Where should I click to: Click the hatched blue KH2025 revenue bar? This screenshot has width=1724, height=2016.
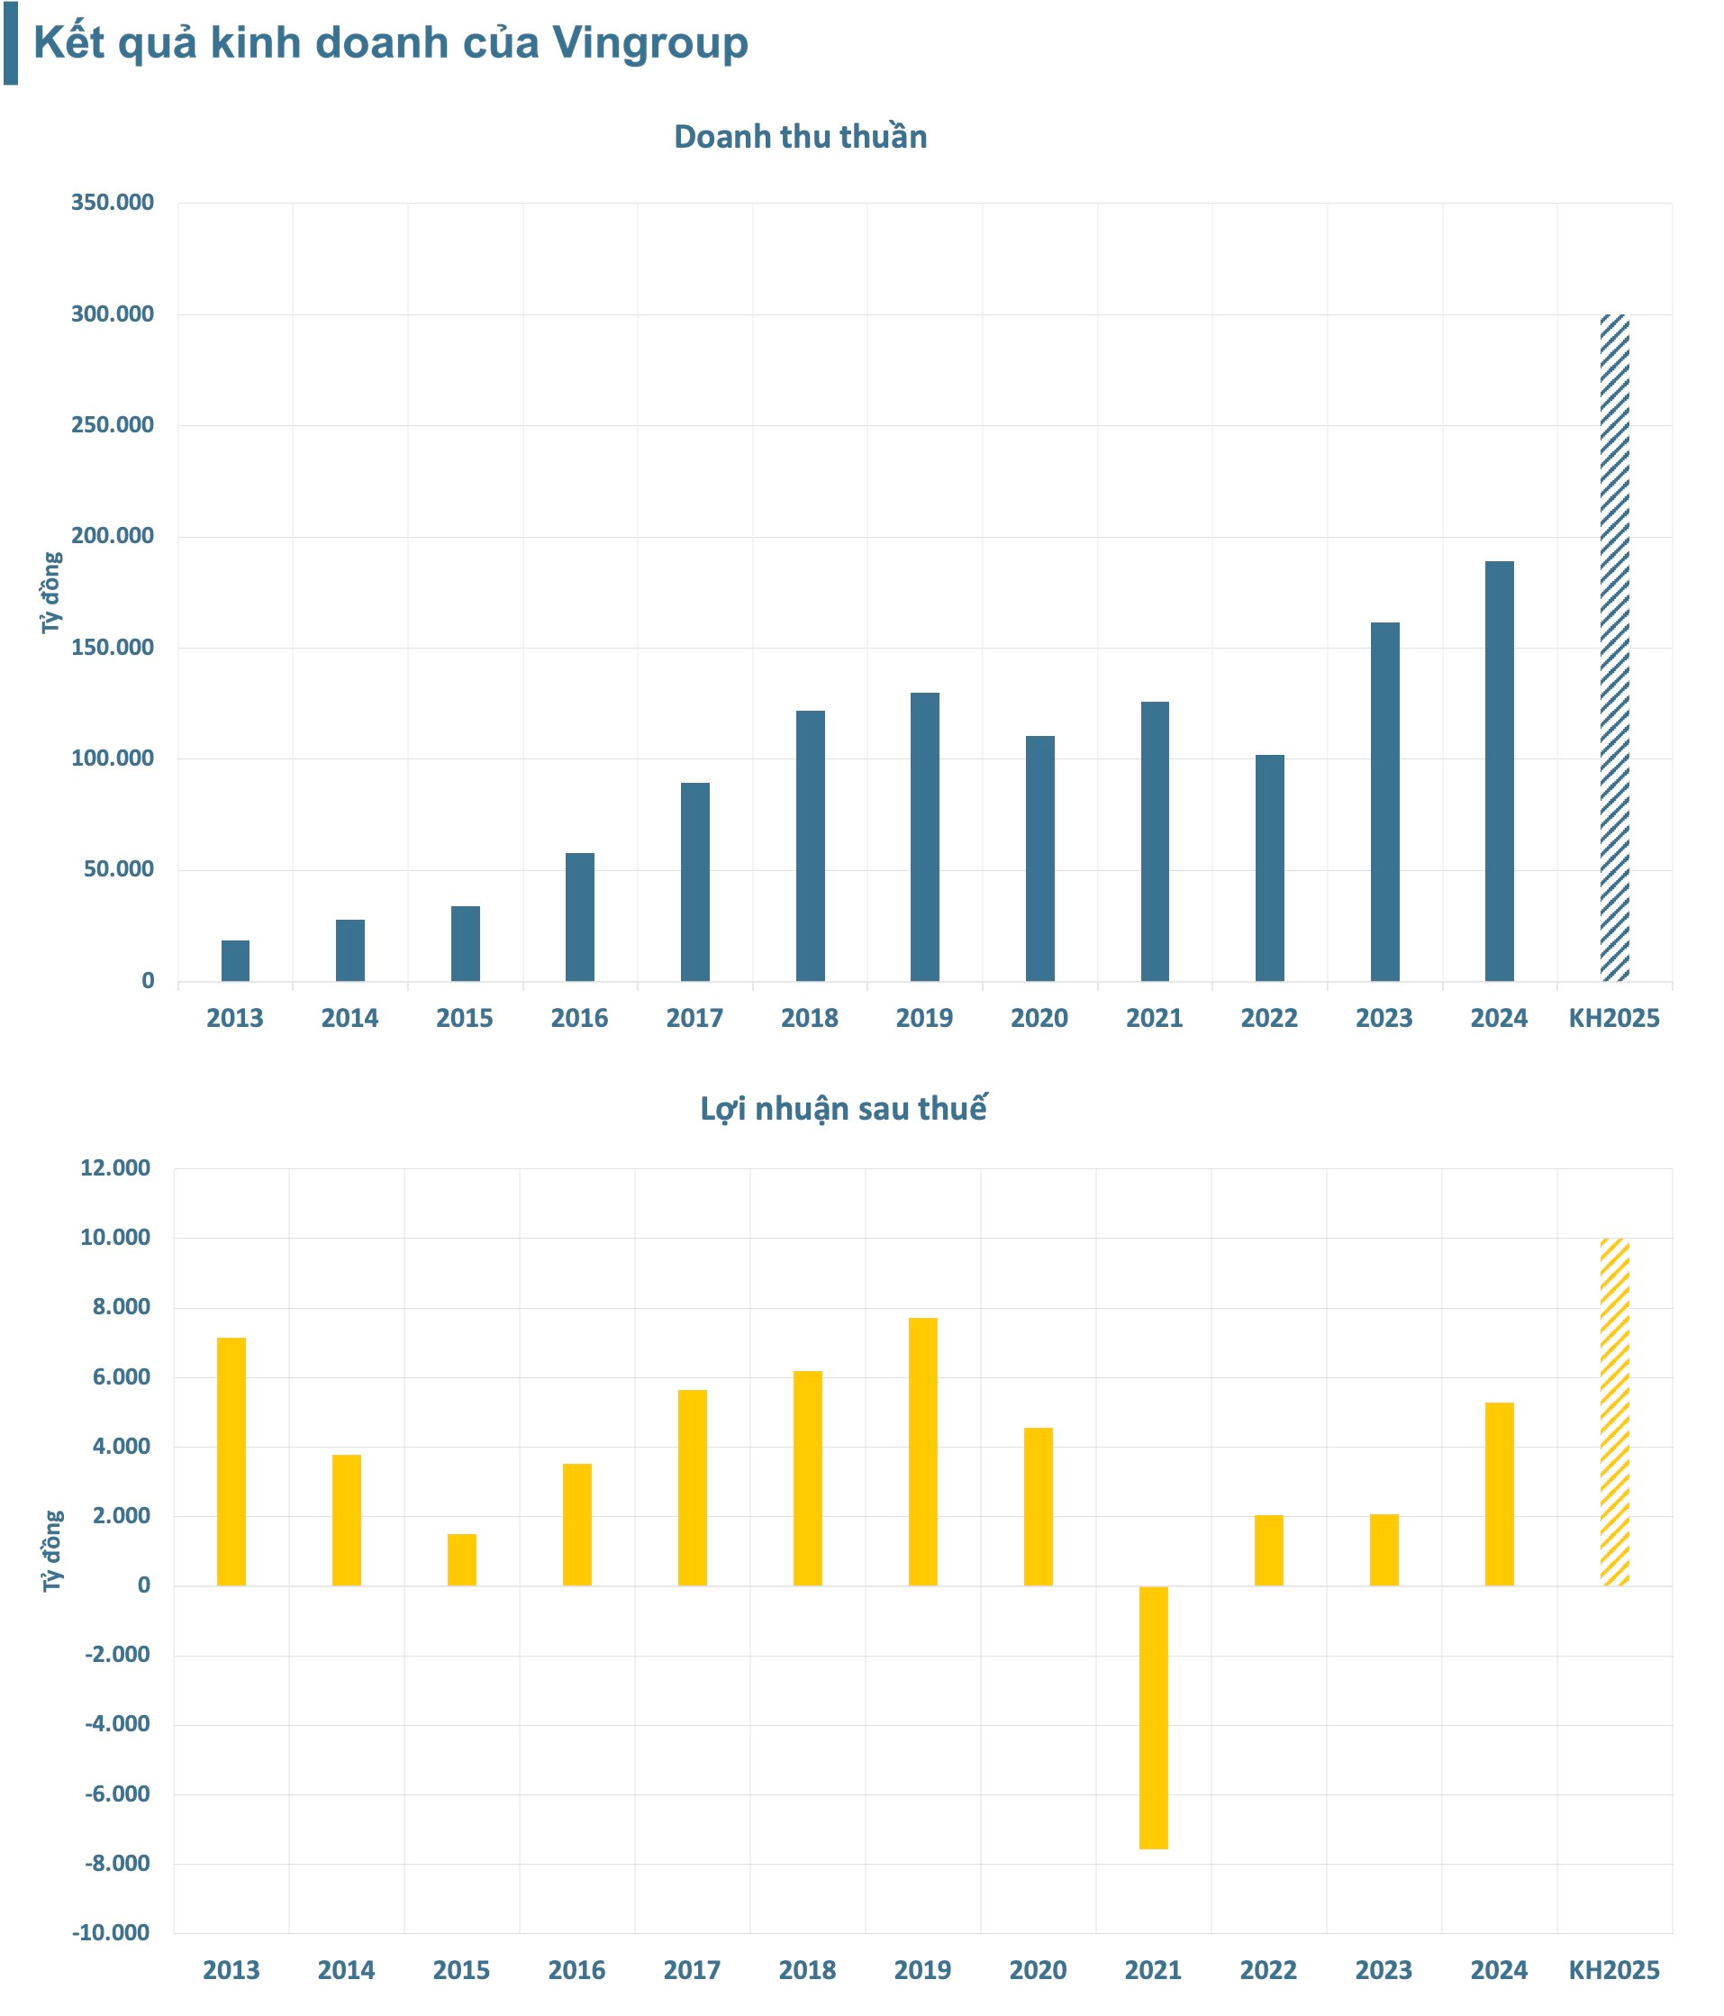pos(1614,647)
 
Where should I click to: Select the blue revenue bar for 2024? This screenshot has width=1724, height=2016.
pos(1499,770)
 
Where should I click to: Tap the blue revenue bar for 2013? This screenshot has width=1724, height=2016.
pos(235,960)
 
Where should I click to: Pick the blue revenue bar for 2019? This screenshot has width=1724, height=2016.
pos(924,837)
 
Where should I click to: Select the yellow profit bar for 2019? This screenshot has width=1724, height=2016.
pos(922,1452)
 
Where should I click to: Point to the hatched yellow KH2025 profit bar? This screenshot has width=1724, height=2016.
pos(1614,1412)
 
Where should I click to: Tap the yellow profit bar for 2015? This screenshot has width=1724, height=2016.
pos(462,1559)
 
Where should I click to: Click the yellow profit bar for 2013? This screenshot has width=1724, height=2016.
pos(231,1461)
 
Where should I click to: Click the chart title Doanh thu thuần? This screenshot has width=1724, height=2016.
pos(800,137)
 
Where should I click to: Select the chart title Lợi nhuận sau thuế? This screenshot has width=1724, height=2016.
pos(843,1109)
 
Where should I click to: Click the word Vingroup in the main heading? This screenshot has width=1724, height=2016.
pos(650,43)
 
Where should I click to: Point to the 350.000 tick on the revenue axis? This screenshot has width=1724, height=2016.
pos(112,203)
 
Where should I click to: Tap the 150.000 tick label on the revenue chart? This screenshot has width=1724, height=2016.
pos(112,647)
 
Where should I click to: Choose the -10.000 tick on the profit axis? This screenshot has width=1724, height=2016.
pos(111,1932)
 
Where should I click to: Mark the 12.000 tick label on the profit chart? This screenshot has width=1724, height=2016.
pos(114,1167)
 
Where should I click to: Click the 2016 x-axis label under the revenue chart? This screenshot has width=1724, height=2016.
pos(579,1019)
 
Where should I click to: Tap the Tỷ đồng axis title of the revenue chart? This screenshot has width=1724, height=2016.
pos(51,593)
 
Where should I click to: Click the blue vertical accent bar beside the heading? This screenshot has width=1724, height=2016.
pos(11,43)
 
